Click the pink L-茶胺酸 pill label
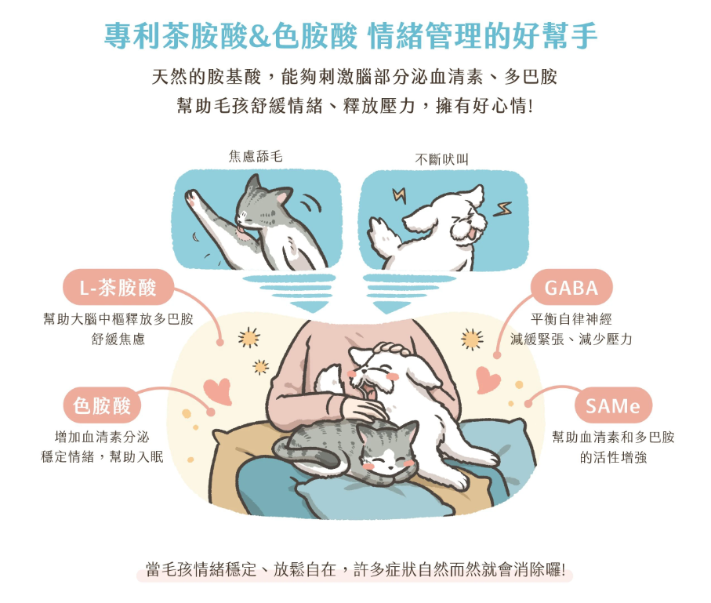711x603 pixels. coord(118,287)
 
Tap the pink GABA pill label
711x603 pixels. coord(571,287)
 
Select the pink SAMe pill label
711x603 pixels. coord(613,405)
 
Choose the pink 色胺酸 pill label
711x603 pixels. coord(102,405)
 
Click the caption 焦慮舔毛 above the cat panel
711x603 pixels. coord(256,157)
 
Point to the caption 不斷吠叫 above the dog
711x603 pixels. coord(441,159)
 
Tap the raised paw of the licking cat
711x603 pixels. coord(193,198)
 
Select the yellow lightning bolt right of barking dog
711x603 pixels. coord(502,209)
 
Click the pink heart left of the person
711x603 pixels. coord(218,391)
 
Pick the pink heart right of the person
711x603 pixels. coord(488,380)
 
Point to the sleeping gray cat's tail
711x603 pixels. coord(308,456)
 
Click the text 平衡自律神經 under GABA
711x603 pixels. coord(571,319)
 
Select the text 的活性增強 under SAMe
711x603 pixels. coord(613,457)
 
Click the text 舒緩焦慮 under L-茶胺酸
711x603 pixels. coord(118,339)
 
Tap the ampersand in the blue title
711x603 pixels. coord(259,37)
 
